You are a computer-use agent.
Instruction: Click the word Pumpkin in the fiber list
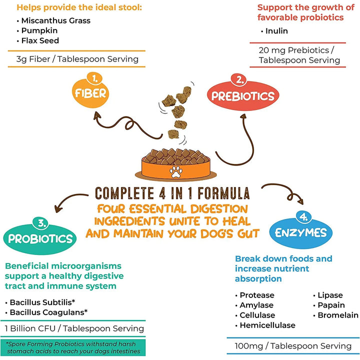pos(39,31)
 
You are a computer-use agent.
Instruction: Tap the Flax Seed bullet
pos(40,41)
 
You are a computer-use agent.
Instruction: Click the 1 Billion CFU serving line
pos(74,328)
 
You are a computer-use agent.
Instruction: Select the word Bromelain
pos(338,315)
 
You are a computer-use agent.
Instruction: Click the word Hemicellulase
pos(267,325)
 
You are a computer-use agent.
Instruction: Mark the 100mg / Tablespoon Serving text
pos(293,346)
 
